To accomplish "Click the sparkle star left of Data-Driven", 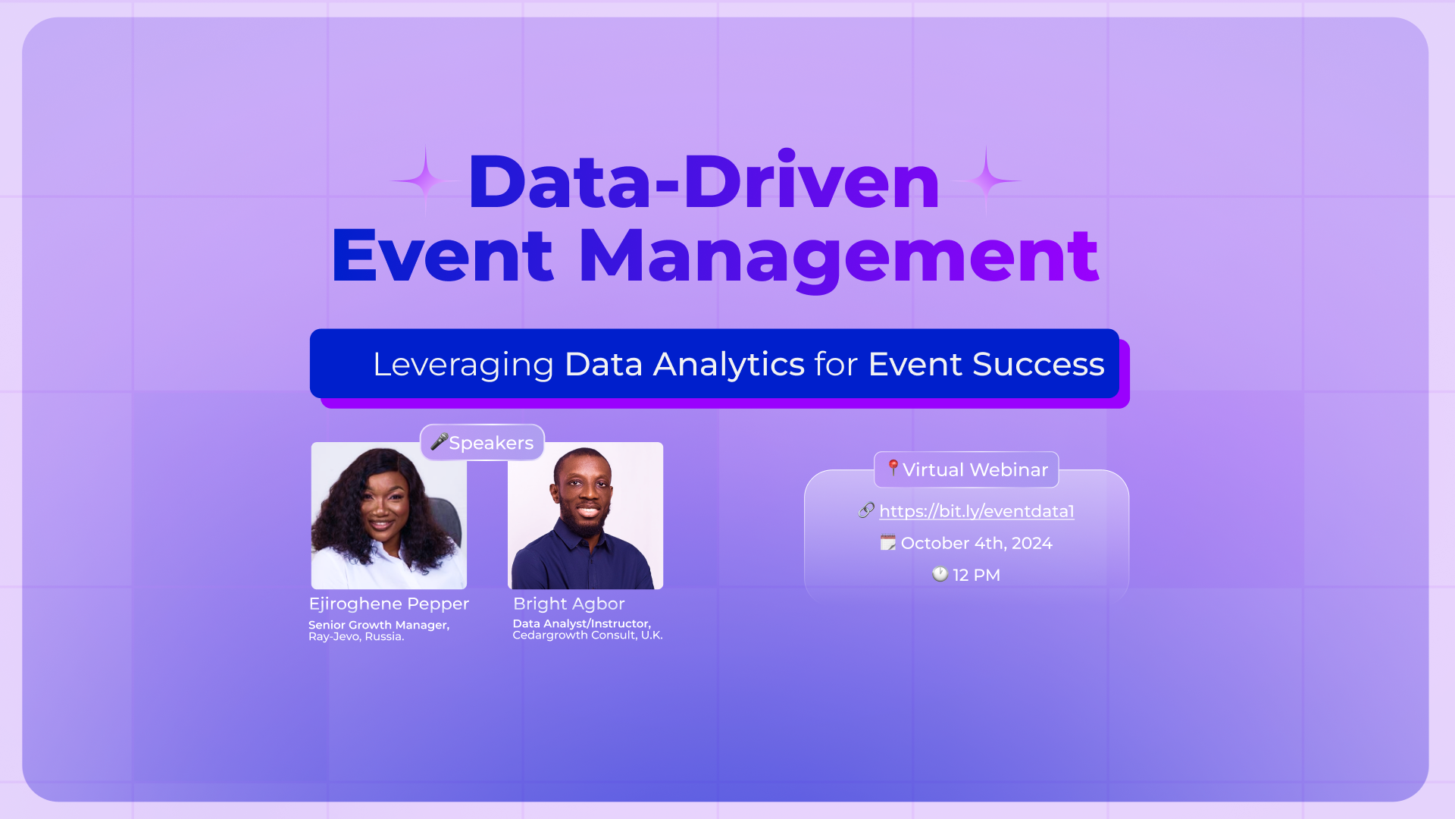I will [x=426, y=180].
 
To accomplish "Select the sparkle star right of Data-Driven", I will [x=986, y=180].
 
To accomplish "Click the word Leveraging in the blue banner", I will [x=463, y=365].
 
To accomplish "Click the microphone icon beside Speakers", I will [x=439, y=441].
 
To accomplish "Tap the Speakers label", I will [x=491, y=443].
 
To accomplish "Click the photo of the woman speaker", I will [x=389, y=516].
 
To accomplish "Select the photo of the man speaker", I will [x=585, y=516].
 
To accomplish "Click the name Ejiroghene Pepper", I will [x=389, y=604].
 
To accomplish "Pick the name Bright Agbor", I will [x=569, y=604].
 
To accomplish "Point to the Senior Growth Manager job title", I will [x=379, y=625].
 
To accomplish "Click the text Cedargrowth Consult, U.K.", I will [x=587, y=635].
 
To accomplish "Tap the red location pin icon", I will [x=893, y=467].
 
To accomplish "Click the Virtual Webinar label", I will [x=975, y=470].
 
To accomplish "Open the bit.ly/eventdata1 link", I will [x=977, y=511].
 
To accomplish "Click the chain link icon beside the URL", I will [x=866, y=510].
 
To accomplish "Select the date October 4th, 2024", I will [x=976, y=543].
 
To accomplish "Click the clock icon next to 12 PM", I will [x=940, y=574].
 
